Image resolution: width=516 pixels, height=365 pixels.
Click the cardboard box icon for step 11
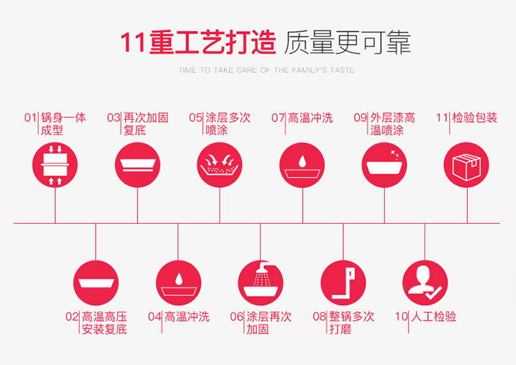(x=466, y=165)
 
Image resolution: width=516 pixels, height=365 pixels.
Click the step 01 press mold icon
(x=55, y=165)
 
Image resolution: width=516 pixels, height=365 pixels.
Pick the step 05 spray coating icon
(x=219, y=165)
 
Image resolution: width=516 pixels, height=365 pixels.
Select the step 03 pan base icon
(x=137, y=165)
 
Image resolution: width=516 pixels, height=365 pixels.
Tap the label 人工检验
(x=434, y=317)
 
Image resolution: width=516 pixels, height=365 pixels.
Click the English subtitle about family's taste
(x=266, y=70)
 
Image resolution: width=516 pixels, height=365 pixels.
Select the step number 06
(x=237, y=317)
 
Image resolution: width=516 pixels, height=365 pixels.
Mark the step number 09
(x=361, y=118)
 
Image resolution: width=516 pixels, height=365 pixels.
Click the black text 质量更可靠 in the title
(x=347, y=43)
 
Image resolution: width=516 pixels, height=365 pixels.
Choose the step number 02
(x=72, y=317)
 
